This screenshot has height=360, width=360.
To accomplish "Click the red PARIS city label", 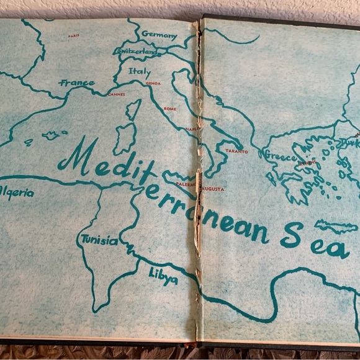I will pyautogui.click(x=74, y=36).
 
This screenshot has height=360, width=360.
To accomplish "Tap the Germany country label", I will pyautogui.click(x=159, y=35).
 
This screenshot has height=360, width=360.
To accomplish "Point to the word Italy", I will pyautogui.click(x=140, y=71).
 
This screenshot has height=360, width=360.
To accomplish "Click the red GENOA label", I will pyautogui.click(x=153, y=83).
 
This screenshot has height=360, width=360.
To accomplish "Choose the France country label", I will pyautogui.click(x=77, y=83).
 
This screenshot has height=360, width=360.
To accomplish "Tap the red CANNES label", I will pyautogui.click(x=116, y=95).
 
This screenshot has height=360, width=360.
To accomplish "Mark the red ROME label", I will pyautogui.click(x=170, y=109).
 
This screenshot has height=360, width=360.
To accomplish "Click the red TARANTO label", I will pyautogui.click(x=236, y=151).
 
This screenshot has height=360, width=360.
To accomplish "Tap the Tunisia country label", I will pyautogui.click(x=98, y=240).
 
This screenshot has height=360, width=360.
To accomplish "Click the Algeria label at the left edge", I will pyautogui.click(x=16, y=192).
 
